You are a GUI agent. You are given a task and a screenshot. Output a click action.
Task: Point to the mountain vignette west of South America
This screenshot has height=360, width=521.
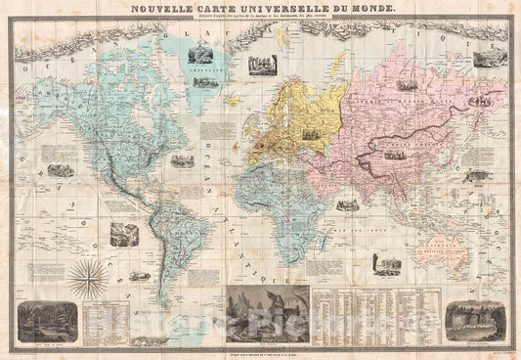pyautogui.click(x=124, y=234)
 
